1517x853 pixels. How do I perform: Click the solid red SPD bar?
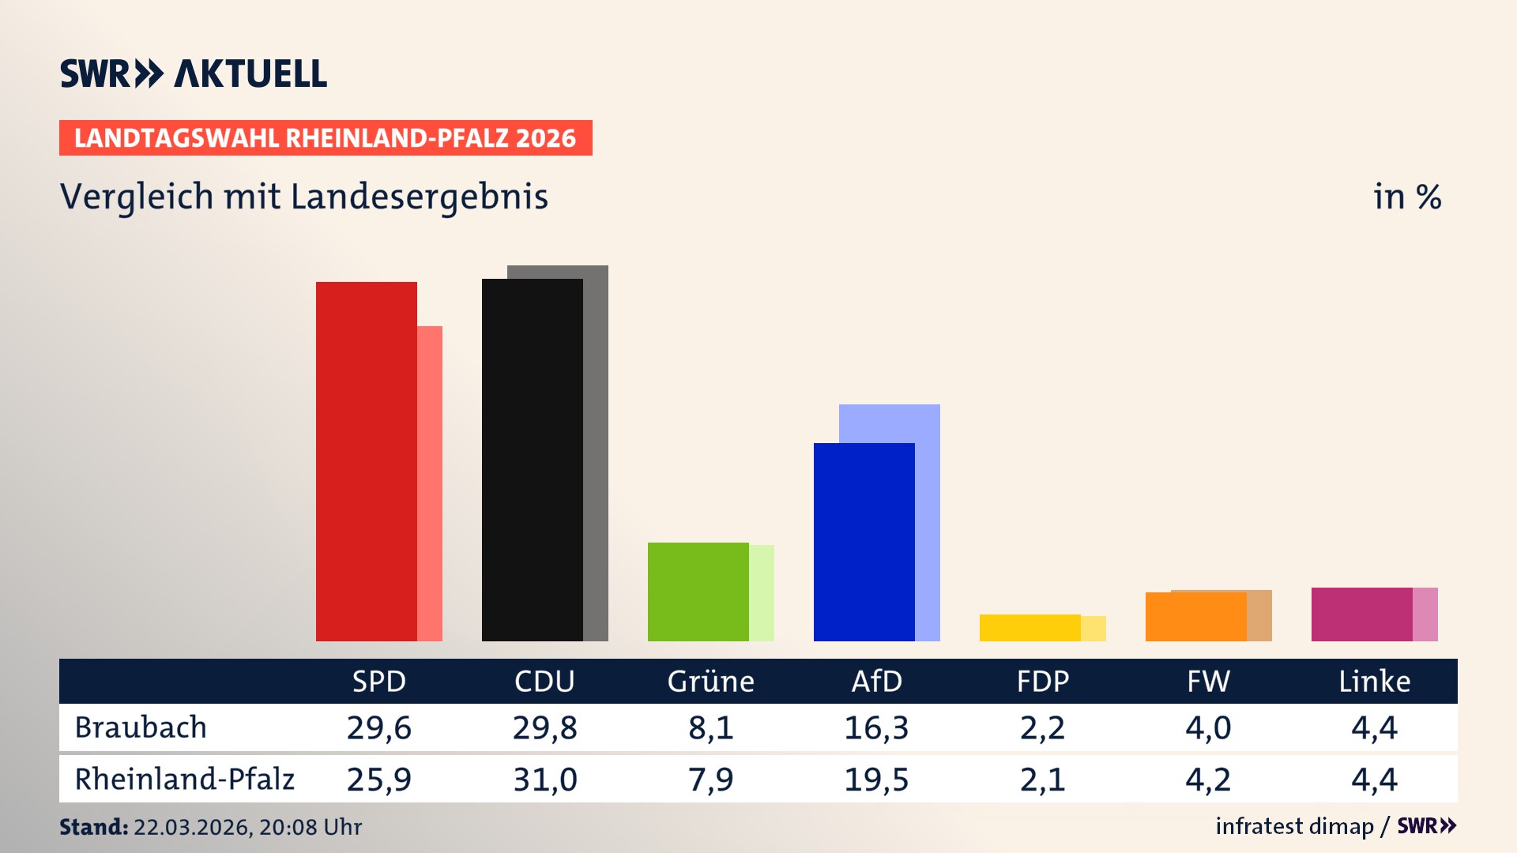coord(366,461)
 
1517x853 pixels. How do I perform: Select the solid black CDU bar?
coord(532,460)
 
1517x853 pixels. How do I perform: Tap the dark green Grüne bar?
coord(698,592)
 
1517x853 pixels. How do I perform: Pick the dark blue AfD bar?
coord(864,542)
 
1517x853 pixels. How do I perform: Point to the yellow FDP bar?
coord(1030,628)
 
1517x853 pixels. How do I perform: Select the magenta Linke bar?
coord(1361,614)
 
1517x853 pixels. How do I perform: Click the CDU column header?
coord(544,681)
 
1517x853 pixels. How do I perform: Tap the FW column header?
coord(1208,681)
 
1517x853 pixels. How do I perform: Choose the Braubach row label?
coord(141,727)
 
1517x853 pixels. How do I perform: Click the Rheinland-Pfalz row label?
coord(184,780)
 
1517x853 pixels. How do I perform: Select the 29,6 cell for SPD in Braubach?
coord(379,727)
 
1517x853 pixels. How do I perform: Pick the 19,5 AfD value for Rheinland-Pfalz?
coord(876,780)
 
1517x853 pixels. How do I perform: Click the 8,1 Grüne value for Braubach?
coord(710,727)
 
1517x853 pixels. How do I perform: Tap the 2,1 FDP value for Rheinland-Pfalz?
coord(1042,780)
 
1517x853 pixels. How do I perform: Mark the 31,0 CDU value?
coord(544,780)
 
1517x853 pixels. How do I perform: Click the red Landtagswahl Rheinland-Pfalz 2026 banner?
coord(326,138)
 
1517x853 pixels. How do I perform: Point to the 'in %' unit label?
coord(1406,197)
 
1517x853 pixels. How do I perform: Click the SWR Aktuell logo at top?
coord(194,73)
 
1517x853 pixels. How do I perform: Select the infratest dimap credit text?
coord(1294,826)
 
